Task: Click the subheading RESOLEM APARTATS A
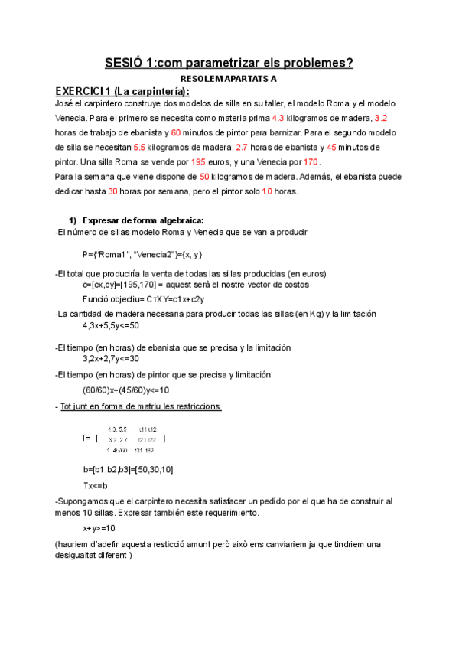coord(229,79)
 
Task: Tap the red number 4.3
coord(278,119)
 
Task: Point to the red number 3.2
coord(380,119)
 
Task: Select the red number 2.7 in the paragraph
coord(242,148)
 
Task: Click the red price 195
coord(197,162)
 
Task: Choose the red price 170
coord(311,162)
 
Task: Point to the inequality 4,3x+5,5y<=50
coord(111,325)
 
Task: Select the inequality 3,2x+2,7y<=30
coord(111,358)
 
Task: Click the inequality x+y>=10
coord(99,528)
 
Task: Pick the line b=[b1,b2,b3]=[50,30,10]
coord(128,469)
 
